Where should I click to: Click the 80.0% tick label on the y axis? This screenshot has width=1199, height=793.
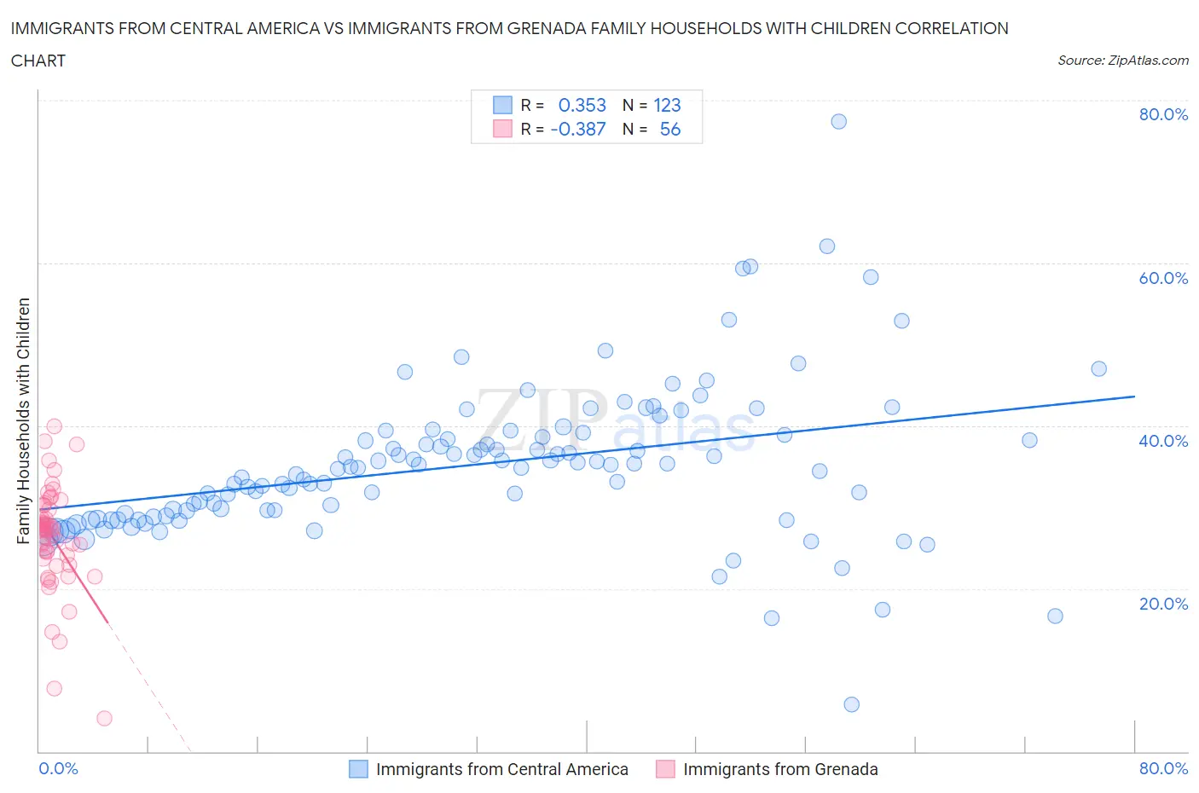tap(1163, 114)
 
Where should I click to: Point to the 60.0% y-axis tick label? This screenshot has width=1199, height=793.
tap(1163, 278)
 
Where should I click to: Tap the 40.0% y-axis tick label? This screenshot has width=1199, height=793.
tap(1163, 441)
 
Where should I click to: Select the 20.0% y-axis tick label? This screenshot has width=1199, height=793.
tap(1163, 604)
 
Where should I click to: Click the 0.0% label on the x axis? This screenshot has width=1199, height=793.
tap(58, 768)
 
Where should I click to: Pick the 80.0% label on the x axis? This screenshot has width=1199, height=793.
tap(1163, 768)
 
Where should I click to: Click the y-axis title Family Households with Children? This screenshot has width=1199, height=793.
tap(23, 420)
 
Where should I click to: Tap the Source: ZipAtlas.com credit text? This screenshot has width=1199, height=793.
tap(1122, 61)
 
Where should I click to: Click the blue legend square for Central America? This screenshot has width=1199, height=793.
tap(358, 769)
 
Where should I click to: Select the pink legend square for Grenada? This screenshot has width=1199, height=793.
tap(665, 769)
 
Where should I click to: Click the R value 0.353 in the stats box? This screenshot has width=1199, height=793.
tap(582, 105)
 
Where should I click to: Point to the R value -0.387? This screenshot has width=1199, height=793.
tap(578, 129)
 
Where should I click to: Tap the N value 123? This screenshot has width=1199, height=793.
tap(667, 105)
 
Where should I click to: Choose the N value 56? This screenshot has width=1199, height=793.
tap(670, 129)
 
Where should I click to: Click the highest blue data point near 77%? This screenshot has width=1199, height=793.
tap(838, 121)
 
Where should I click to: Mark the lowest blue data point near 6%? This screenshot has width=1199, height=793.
tap(851, 704)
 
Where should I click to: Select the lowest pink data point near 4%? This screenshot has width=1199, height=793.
tap(104, 718)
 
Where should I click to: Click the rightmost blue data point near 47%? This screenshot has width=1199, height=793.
tap(1098, 368)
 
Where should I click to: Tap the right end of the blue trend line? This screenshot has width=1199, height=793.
tap(1134, 396)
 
